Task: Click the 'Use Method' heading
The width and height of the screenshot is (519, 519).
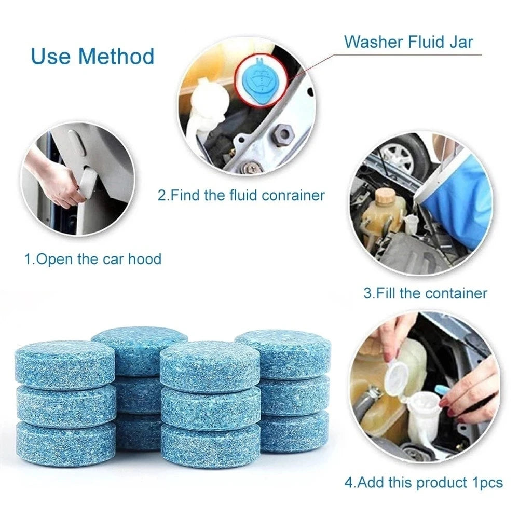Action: click(x=93, y=56)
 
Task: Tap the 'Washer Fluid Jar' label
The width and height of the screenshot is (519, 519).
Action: click(x=409, y=42)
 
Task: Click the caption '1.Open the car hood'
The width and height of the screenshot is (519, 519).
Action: click(x=93, y=258)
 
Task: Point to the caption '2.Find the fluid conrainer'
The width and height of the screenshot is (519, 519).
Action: click(x=241, y=195)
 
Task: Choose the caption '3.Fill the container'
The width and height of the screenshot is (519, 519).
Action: click(x=425, y=293)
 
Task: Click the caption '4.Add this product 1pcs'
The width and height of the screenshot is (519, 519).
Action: click(x=424, y=482)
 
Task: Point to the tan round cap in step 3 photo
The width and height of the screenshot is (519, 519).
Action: click(x=386, y=196)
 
